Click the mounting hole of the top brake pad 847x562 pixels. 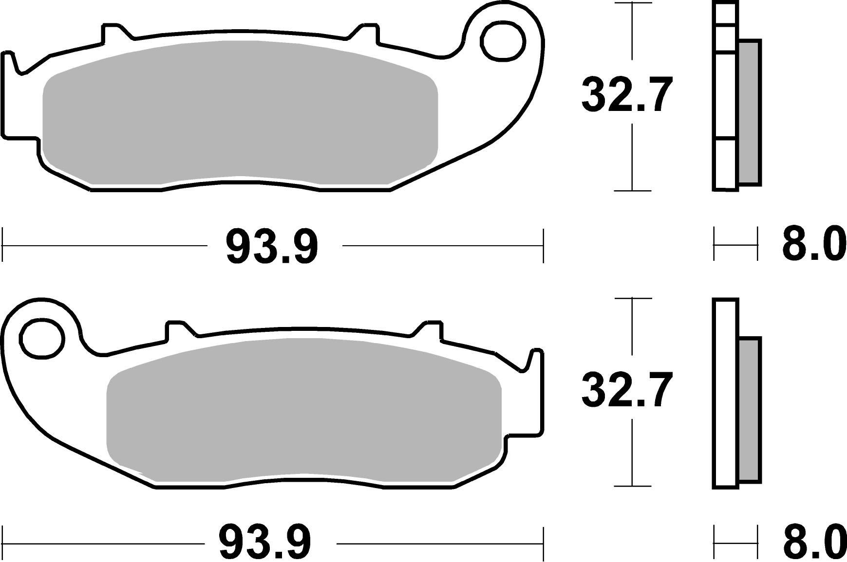click(x=503, y=40)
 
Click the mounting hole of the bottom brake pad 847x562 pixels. click(x=42, y=338)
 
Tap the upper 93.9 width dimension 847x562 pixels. click(x=272, y=247)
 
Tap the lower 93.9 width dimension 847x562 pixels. click(x=265, y=542)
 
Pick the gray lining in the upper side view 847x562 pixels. click(x=750, y=112)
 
